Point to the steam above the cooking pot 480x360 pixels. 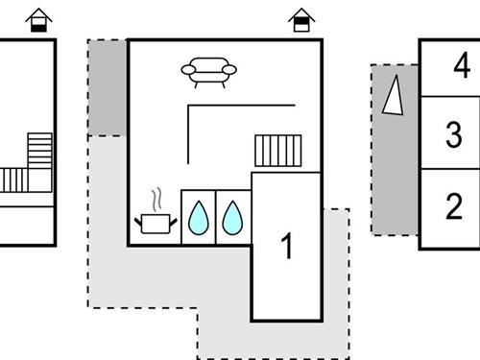tap(155, 201)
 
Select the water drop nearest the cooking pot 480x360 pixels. tap(198, 218)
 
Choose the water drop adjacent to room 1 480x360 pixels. tap(233, 218)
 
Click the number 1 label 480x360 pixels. tap(286, 247)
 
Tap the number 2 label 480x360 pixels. tap(454, 205)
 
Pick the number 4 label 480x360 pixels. tap(463, 67)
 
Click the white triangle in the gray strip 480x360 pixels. tap(393, 97)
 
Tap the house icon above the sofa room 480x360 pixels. tap(301, 20)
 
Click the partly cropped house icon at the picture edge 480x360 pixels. tap(38, 20)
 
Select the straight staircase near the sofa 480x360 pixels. tap(278, 151)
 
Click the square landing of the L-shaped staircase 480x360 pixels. tap(39, 180)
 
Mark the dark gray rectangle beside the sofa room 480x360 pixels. tap(107, 87)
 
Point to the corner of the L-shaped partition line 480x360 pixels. tap(188, 106)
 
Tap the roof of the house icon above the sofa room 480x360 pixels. tap(301, 12)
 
